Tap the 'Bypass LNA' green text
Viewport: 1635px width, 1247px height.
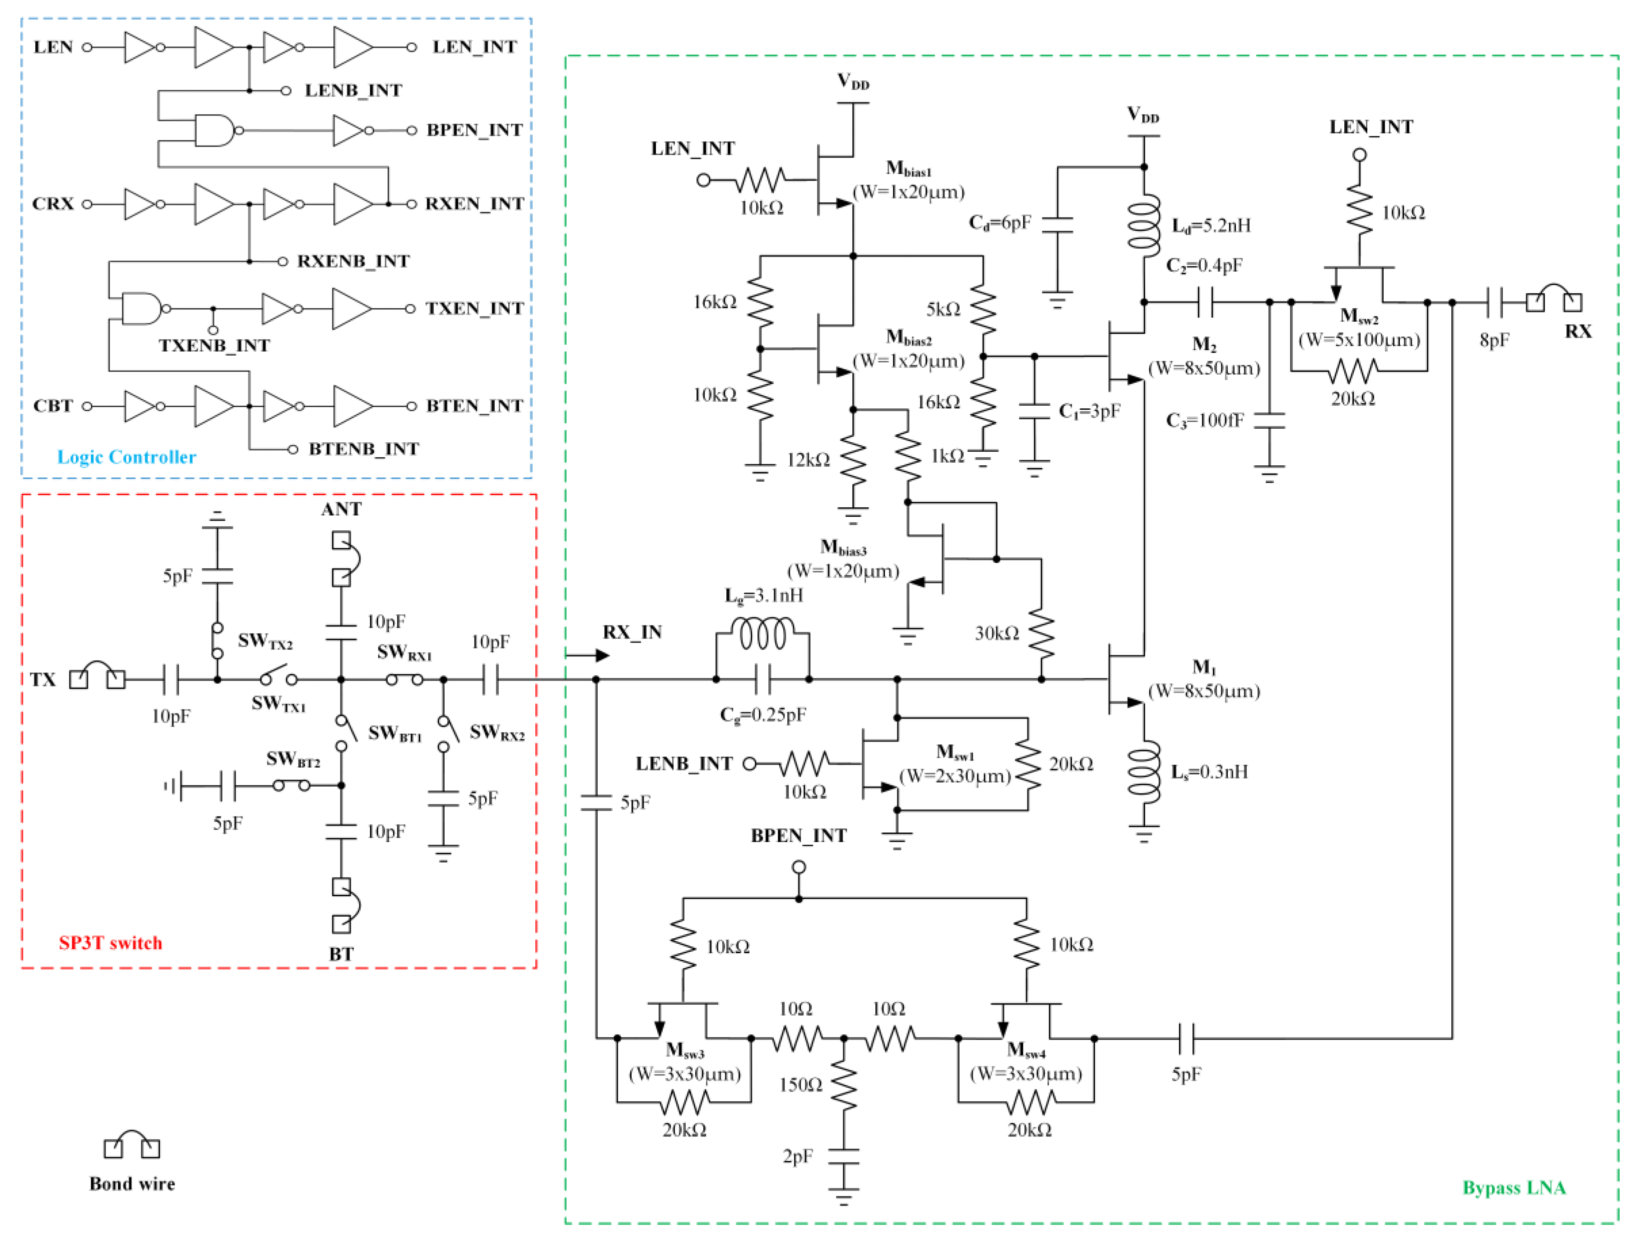click(x=1513, y=1187)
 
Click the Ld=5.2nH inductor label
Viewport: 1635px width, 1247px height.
click(x=1210, y=226)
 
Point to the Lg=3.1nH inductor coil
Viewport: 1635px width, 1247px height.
click(x=762, y=635)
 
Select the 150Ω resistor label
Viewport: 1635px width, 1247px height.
click(x=800, y=1085)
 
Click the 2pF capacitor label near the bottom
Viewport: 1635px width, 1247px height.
click(x=798, y=1156)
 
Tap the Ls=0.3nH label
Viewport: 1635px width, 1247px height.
click(x=1209, y=772)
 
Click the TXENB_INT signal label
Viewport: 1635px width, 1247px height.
click(x=214, y=345)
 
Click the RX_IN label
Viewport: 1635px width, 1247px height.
click(x=632, y=632)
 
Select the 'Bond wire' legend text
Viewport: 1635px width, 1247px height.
click(x=132, y=1184)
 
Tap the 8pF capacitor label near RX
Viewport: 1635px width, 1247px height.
click(x=1494, y=340)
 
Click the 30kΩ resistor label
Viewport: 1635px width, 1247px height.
click(x=996, y=633)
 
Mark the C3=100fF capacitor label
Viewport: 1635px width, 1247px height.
click(x=1204, y=421)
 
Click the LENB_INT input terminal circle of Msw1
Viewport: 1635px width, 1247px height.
click(x=749, y=764)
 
